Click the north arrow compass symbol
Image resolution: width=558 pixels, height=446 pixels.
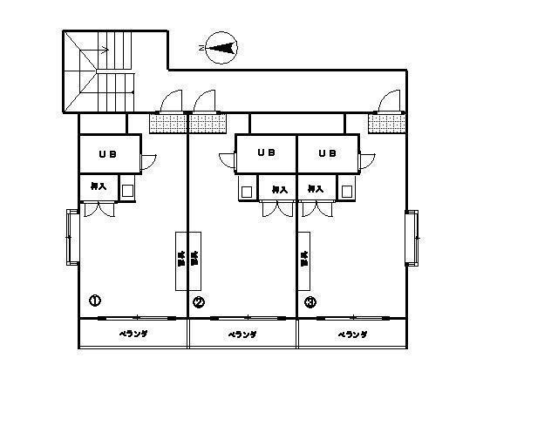[x=221, y=48]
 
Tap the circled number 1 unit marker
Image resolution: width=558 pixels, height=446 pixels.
[x=94, y=301]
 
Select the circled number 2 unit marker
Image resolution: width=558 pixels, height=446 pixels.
[x=199, y=302]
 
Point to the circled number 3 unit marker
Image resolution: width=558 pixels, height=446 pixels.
[x=310, y=302]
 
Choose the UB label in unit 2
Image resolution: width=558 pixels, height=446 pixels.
[x=266, y=153]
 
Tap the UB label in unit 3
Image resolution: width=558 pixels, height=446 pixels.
[x=327, y=153]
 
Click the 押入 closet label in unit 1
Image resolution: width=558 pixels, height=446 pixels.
[x=98, y=186]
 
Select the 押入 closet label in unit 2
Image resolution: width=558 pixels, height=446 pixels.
[x=279, y=188]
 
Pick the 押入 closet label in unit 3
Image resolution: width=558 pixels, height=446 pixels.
[x=316, y=188]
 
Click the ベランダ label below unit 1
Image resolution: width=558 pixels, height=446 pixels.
[x=133, y=334]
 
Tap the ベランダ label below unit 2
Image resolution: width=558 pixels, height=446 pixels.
[x=242, y=334]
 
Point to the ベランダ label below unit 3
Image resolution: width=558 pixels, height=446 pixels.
[x=351, y=334]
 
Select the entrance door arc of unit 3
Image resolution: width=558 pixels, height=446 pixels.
[x=391, y=102]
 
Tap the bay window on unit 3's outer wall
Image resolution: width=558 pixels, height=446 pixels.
[x=412, y=238]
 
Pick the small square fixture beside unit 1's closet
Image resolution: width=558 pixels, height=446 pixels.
[x=127, y=189]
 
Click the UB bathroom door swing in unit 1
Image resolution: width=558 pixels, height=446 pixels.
[x=147, y=161]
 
